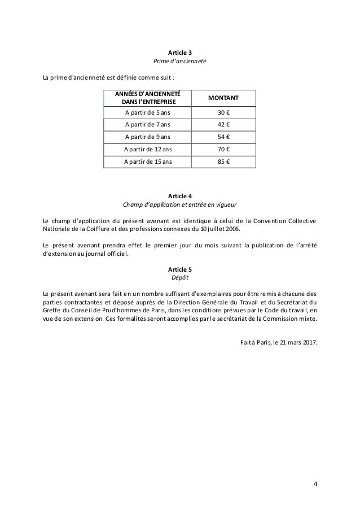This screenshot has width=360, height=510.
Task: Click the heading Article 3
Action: coord(180,53)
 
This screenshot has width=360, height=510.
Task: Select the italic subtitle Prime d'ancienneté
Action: coord(180,61)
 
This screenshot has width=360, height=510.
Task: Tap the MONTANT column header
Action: coord(223,98)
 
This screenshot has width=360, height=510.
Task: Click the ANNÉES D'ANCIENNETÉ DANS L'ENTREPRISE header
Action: coord(148,97)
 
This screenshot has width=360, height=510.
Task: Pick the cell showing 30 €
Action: coord(223,112)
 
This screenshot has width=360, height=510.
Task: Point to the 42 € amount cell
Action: coord(223,124)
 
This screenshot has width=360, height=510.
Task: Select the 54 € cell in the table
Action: coord(223,137)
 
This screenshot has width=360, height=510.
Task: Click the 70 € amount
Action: coord(223,149)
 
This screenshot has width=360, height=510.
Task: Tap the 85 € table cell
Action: coord(223,162)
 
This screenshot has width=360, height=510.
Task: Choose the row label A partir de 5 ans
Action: coord(148,112)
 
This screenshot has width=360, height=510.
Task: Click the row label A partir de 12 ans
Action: coord(148,149)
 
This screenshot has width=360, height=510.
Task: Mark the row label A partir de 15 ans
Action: coord(148,162)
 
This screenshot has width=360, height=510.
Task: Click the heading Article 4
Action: coord(180,196)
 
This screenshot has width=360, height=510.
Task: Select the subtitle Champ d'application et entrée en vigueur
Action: coord(180,205)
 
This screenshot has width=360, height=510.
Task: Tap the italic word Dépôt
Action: coord(180,278)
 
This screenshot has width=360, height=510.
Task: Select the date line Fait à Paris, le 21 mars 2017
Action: coord(278,341)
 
